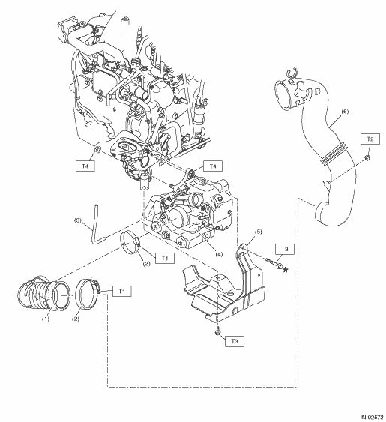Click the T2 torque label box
370,139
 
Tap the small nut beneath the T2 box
367,157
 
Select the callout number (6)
345,112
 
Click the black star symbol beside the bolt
286,269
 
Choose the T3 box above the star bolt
285,249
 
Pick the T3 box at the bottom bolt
235,341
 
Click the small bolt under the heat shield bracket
217,331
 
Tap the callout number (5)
258,232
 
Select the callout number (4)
219,254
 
